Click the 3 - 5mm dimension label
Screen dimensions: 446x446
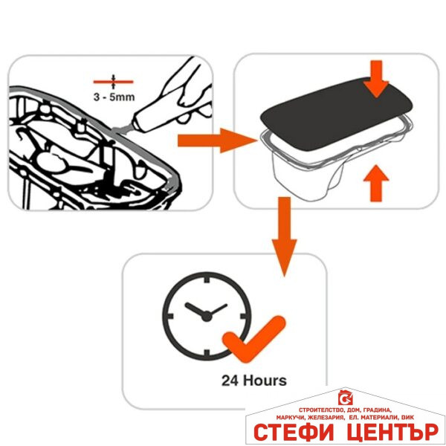pyautogui.click(x=114, y=97)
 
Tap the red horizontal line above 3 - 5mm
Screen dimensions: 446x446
pyautogui.click(x=113, y=82)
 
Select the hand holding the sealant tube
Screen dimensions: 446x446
pyautogui.click(x=188, y=91)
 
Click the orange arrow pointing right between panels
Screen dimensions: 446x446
pyautogui.click(x=217, y=140)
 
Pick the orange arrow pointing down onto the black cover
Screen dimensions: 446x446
pyautogui.click(x=376, y=79)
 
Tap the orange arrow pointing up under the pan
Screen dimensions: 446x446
pyautogui.click(x=376, y=183)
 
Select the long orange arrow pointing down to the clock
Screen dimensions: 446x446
pyautogui.click(x=284, y=236)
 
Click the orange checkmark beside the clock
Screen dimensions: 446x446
pyautogui.click(x=254, y=338)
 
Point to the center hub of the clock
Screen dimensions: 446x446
pyautogui.click(x=207, y=317)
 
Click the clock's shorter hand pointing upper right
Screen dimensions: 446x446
pyautogui.click(x=217, y=310)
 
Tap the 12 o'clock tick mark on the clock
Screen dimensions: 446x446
pyautogui.click(x=207, y=279)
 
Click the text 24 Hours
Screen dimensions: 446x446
pyautogui.click(x=254, y=381)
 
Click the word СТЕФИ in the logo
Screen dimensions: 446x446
pyautogui.click(x=294, y=433)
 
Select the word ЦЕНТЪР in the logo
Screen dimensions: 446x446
pyautogui.click(x=392, y=433)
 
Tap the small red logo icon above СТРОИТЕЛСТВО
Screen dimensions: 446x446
pyautogui.click(x=346, y=398)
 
